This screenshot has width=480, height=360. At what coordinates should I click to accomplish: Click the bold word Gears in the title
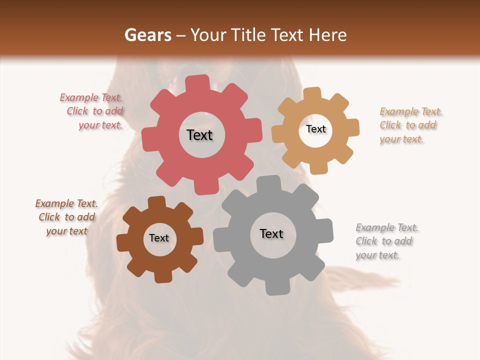(x=147, y=35)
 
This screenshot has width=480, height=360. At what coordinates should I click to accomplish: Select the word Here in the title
(x=328, y=35)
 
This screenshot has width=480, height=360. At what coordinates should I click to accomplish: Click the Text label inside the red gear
(x=199, y=135)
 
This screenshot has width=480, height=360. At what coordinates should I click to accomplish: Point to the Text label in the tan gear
(x=315, y=129)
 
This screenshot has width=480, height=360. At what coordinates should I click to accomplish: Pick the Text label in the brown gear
(x=159, y=238)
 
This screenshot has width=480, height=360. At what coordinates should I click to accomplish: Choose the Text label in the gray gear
(x=271, y=233)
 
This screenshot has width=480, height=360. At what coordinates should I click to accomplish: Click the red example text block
(x=92, y=111)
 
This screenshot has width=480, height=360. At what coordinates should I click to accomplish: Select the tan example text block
(x=410, y=125)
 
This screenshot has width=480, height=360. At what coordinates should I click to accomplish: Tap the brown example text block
(x=66, y=217)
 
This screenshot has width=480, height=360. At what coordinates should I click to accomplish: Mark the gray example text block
(x=386, y=241)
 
